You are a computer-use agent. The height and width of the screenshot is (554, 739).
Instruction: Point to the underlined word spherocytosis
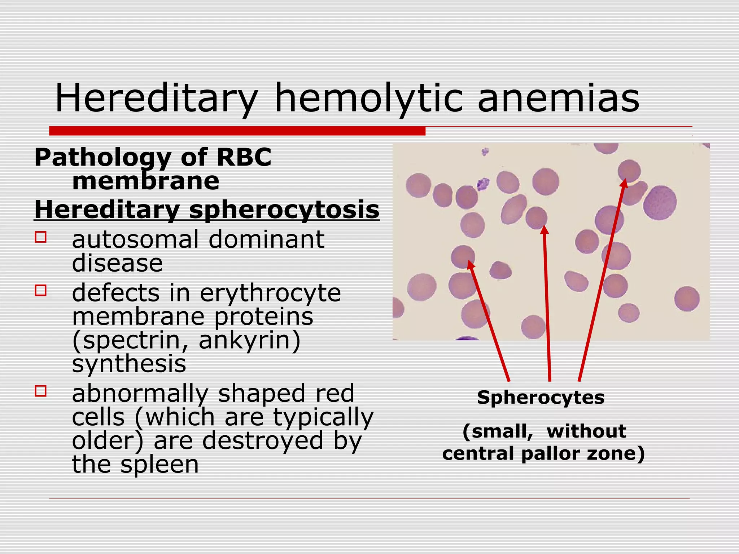(x=284, y=210)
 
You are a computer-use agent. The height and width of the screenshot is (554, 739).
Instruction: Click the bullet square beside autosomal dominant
(x=41, y=237)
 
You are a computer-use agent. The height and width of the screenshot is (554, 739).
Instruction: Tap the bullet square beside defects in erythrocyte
(x=41, y=290)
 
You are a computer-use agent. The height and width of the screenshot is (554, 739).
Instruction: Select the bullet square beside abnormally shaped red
(x=41, y=391)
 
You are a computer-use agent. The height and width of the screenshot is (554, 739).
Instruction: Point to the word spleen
(x=159, y=465)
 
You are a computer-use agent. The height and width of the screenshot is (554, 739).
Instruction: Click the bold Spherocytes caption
(x=541, y=398)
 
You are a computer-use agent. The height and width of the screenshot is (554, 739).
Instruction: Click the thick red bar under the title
(x=237, y=131)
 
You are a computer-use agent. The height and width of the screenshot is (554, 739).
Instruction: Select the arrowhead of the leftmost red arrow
(x=471, y=265)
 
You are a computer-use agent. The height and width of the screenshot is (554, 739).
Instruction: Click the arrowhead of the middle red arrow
(x=545, y=230)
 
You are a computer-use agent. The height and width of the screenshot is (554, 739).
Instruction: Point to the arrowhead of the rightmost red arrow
(x=624, y=183)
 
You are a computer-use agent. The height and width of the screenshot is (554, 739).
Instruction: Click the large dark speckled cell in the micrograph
(x=660, y=203)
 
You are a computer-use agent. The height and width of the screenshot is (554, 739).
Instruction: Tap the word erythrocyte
(x=270, y=293)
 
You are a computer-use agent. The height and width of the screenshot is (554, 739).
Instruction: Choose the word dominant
(x=266, y=239)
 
